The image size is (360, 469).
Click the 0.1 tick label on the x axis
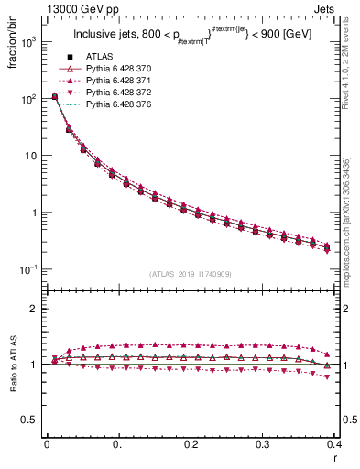118,443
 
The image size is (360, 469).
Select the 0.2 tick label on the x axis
191,443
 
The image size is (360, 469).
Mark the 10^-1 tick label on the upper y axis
29,269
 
